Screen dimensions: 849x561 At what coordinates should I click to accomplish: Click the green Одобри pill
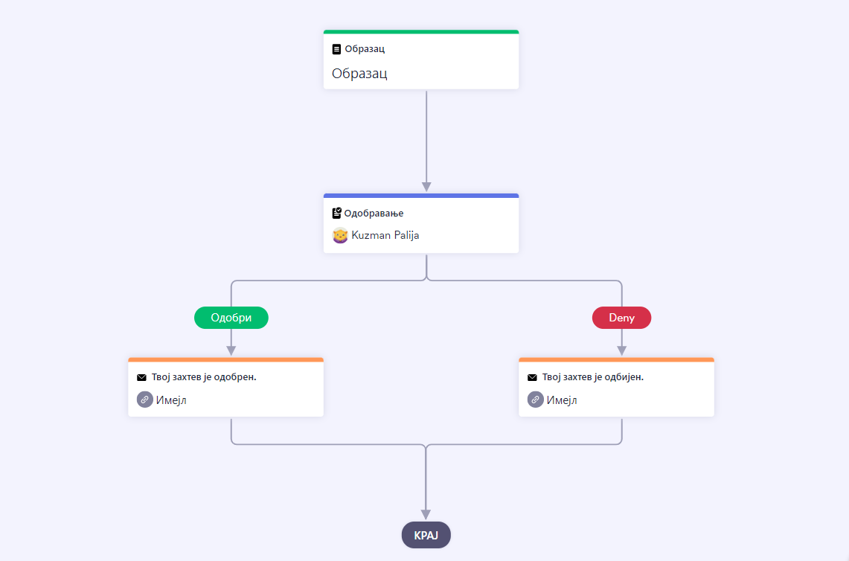click(x=231, y=318)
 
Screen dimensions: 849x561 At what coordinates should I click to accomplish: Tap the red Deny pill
click(x=621, y=318)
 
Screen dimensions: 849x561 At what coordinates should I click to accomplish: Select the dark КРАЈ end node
click(x=426, y=535)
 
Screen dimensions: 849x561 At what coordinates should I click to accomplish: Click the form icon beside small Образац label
click(x=336, y=49)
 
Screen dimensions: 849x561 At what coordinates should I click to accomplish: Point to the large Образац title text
click(x=359, y=73)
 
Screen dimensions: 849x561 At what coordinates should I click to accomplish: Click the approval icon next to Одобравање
click(x=337, y=213)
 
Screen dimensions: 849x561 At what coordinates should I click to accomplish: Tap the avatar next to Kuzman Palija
click(x=340, y=236)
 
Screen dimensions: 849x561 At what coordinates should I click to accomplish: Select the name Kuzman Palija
click(x=385, y=235)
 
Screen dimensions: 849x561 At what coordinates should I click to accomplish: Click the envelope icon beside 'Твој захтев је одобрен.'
click(x=141, y=377)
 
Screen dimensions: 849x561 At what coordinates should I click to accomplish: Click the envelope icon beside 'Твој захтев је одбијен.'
click(x=532, y=377)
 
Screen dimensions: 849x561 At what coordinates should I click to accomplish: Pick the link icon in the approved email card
click(x=144, y=400)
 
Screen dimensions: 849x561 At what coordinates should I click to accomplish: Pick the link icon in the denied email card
click(x=536, y=400)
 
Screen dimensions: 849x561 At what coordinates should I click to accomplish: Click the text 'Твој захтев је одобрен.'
click(x=204, y=377)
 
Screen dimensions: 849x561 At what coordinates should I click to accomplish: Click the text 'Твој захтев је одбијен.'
click(x=593, y=377)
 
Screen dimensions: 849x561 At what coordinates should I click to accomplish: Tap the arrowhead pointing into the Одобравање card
click(x=426, y=187)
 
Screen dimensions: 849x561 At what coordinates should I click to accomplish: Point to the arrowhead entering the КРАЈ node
click(x=426, y=514)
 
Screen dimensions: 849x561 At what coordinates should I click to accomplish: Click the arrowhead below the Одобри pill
click(x=231, y=351)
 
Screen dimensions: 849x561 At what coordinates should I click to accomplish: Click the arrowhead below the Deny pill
click(x=621, y=351)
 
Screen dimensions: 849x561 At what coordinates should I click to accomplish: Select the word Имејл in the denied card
click(x=562, y=400)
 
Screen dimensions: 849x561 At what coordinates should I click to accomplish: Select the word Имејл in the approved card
click(x=171, y=400)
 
